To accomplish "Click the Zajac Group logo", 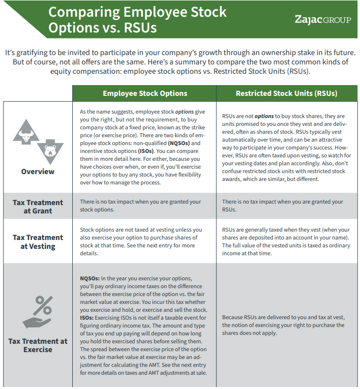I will point(323,20).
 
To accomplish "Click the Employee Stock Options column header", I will point(145,93).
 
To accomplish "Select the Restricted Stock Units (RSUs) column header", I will point(286,93).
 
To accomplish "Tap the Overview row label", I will point(38,172).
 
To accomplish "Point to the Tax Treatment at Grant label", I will point(38,207).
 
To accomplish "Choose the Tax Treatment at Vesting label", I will point(38,241).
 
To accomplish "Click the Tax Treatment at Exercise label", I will point(38,345).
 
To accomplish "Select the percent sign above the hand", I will point(44,306).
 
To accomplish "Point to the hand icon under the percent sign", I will point(38,323).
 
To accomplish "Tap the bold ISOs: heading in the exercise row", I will point(88,317).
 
